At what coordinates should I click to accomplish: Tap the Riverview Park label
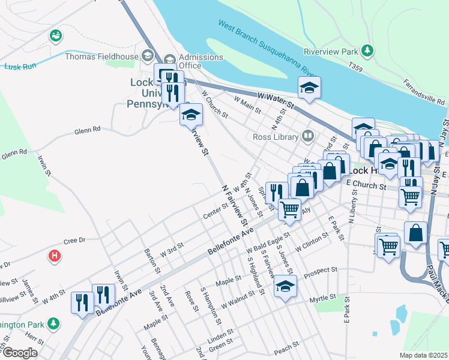point(331,52)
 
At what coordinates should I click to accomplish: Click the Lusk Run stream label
point(17,67)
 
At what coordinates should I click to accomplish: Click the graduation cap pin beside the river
point(310,88)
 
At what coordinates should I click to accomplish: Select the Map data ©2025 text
point(424,355)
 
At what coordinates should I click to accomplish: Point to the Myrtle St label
point(322,299)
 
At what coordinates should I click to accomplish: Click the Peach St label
point(286,347)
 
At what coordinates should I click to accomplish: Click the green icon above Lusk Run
point(56,36)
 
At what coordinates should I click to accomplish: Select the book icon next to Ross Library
point(308,136)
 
